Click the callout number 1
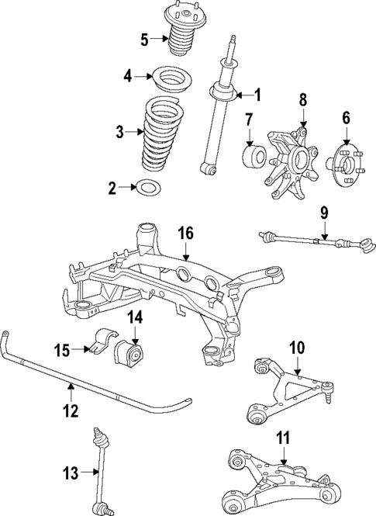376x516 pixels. (259, 95)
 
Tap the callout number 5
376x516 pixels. (144, 39)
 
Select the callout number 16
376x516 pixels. (187, 233)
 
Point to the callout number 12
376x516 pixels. (71, 410)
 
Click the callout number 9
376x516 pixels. (324, 211)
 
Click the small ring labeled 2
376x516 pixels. (147, 187)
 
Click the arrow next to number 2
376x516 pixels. (126, 187)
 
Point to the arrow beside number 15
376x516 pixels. (81, 351)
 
